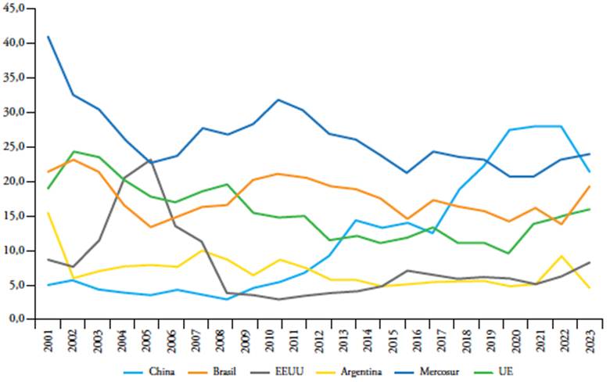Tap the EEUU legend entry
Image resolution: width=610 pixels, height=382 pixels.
[x=290, y=370]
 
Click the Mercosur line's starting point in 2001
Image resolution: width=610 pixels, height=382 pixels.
[x=48, y=36]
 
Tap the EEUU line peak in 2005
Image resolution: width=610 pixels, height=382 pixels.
[x=150, y=160]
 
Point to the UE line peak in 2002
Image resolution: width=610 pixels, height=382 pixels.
[x=73, y=152]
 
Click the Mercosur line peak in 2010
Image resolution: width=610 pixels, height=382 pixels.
[x=278, y=99]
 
